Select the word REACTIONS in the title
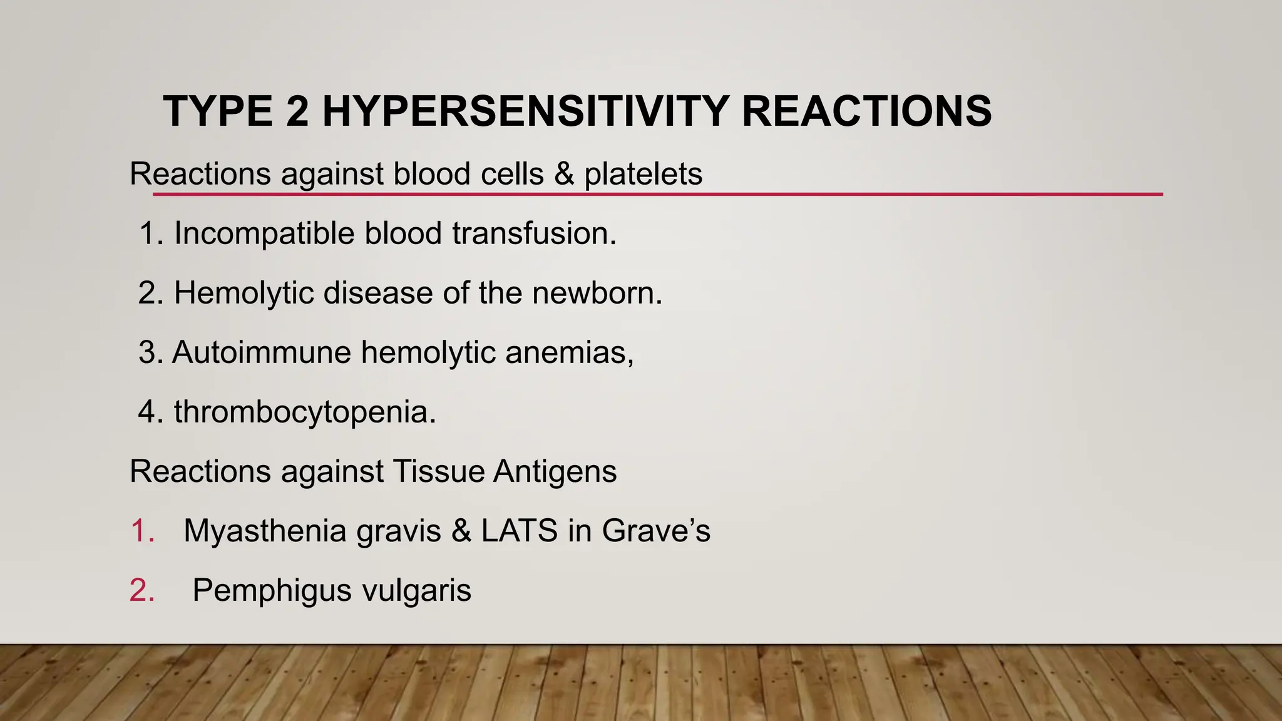(x=866, y=111)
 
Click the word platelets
(x=643, y=174)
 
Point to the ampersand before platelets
(x=564, y=174)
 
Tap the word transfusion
(x=534, y=233)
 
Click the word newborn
(x=597, y=293)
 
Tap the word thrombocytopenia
(x=304, y=412)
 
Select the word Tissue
(x=438, y=471)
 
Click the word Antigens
(x=555, y=471)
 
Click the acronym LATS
(x=519, y=531)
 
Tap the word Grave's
(x=656, y=531)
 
